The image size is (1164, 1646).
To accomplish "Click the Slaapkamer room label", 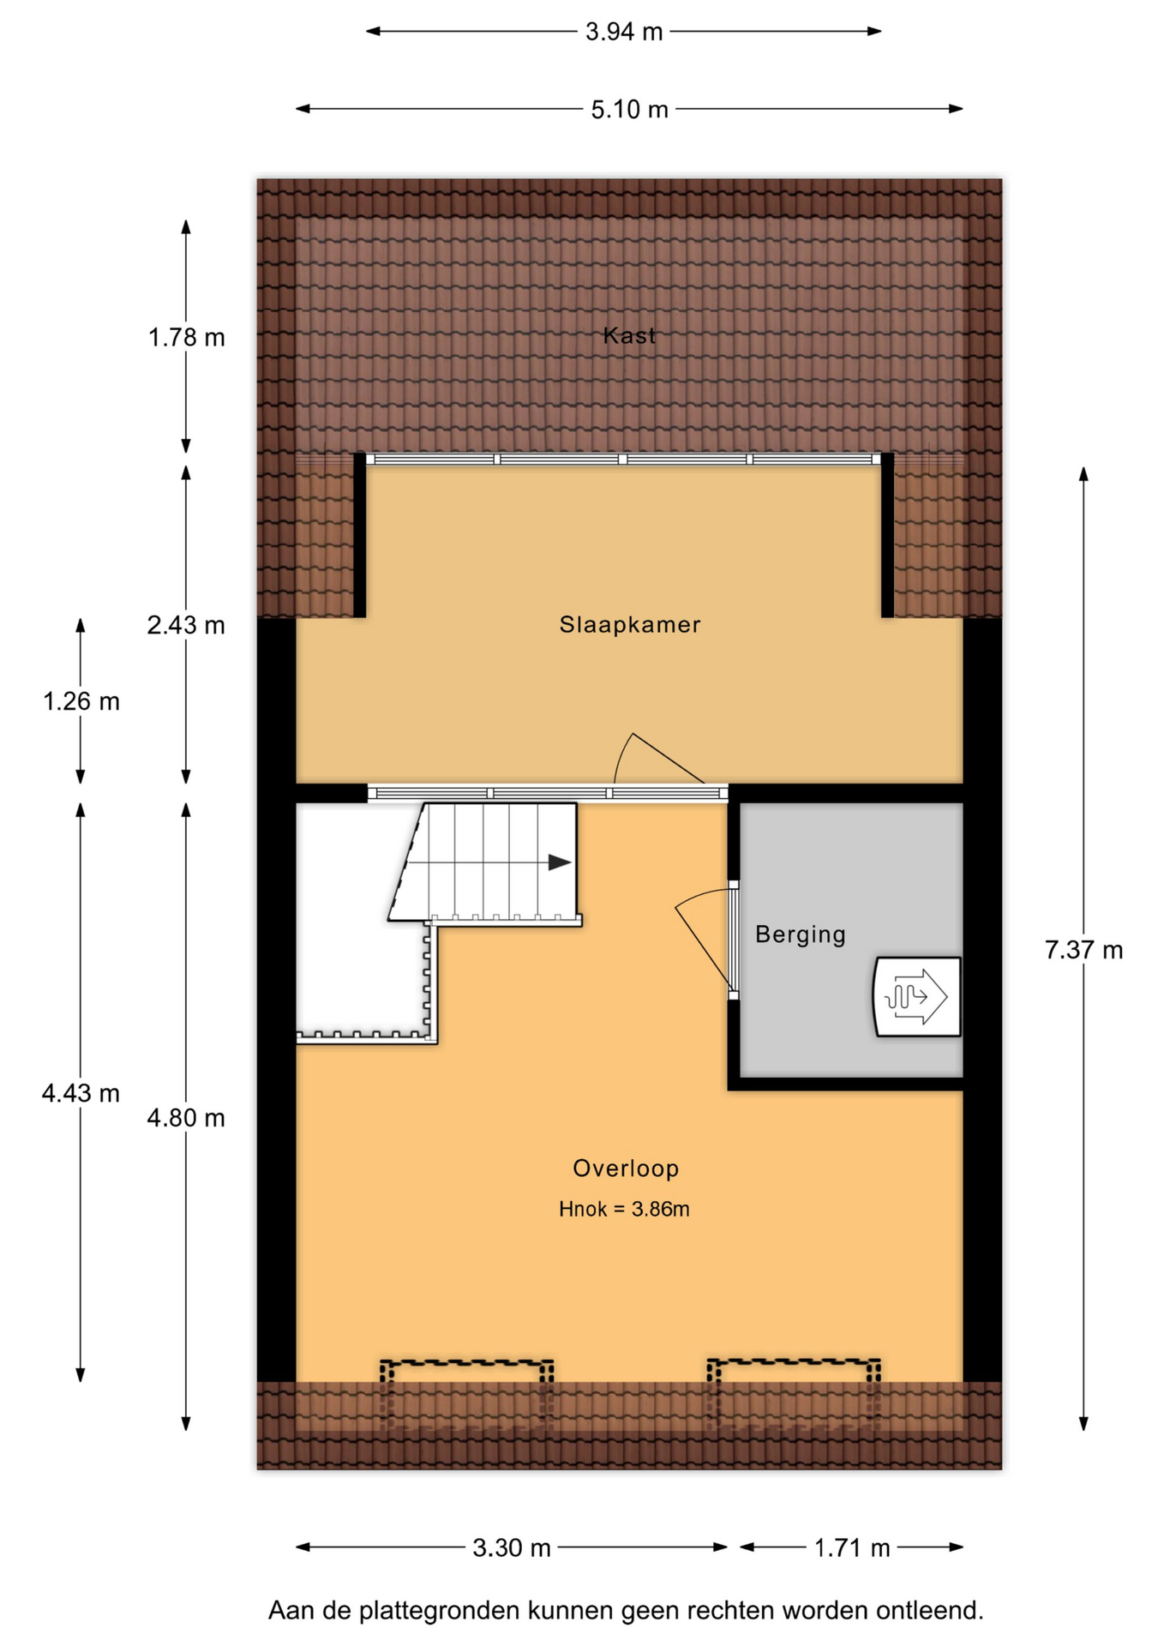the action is point(629,624).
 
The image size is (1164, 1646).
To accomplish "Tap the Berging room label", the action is point(800,934).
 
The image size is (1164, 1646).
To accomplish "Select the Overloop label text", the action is point(626,1168).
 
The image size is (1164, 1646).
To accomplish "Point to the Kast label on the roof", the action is point(629,335).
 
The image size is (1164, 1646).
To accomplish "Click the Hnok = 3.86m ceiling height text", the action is point(624,1209).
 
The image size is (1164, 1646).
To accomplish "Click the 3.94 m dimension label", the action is point(624,32).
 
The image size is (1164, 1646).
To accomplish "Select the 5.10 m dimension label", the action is point(629,110).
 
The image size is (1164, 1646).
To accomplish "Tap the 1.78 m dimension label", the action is point(186,338).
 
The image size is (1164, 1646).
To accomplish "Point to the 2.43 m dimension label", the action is point(186,626).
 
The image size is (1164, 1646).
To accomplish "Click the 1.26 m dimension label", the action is point(81,702).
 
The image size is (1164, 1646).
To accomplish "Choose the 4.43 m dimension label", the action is point(81,1093).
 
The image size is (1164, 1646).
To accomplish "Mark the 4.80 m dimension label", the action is point(186,1118).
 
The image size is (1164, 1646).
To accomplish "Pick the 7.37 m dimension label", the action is point(1083,950).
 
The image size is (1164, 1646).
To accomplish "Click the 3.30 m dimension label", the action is point(512,1547).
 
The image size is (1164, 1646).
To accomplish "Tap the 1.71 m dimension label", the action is point(852,1547).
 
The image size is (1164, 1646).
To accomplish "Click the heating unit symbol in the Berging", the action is point(917,997).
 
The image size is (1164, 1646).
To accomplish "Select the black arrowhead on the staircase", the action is point(560,862).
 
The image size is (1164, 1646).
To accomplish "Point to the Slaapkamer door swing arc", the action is point(621,754).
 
